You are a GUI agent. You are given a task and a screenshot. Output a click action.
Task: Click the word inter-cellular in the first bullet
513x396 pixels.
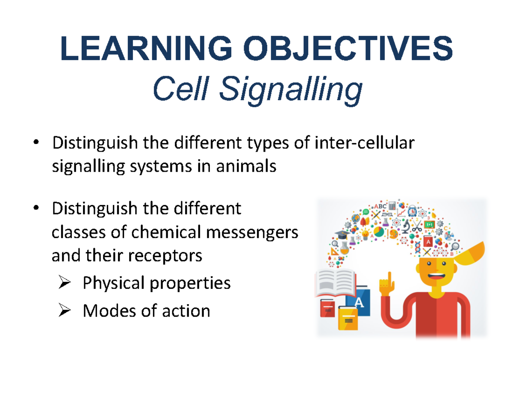coord(364,143)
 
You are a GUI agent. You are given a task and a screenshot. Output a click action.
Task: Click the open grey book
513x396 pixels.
coord(336,282)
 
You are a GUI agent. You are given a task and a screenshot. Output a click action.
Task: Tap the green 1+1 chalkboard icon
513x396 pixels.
coord(430,224)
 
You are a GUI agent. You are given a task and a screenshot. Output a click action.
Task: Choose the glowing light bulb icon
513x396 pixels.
coord(365,234)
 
